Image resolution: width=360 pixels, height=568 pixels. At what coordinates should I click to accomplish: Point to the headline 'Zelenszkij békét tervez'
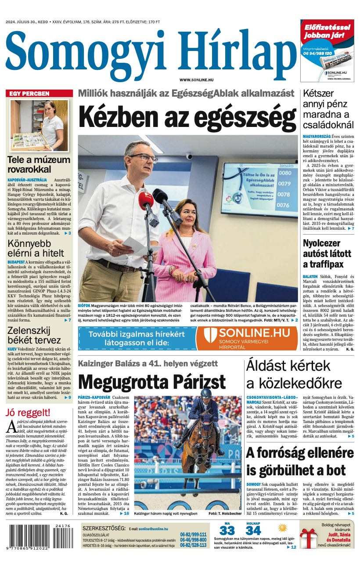click(x=34, y=335)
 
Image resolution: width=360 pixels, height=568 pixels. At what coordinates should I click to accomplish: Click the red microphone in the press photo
click(x=146, y=203)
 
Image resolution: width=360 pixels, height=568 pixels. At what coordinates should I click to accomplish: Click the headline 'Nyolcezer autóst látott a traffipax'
click(x=328, y=253)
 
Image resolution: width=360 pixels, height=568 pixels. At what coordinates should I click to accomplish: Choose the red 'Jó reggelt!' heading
click(x=28, y=412)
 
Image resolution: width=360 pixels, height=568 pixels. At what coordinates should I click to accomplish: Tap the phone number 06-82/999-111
click(x=193, y=535)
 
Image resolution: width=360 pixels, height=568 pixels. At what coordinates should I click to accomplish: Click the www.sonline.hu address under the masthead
click(x=196, y=80)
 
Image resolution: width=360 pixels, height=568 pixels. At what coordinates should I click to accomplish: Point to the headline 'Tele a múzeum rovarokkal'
click(x=39, y=164)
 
